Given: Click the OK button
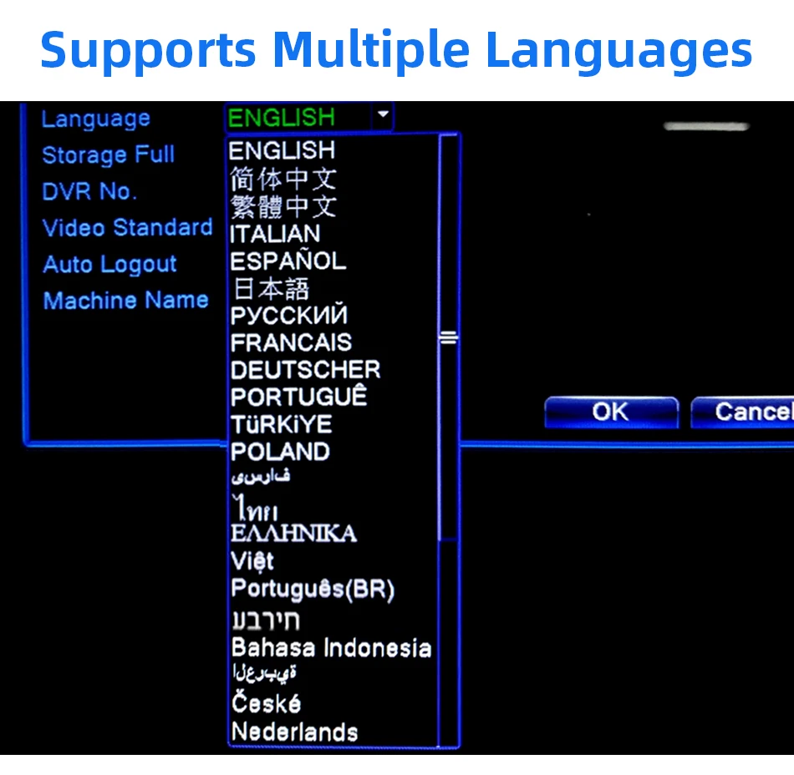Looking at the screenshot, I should (610, 412).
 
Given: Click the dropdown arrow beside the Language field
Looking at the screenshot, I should (382, 116).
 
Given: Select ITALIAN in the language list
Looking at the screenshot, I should (275, 233).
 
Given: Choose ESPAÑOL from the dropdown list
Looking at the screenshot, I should (288, 261).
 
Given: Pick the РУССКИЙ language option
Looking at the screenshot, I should (288, 316).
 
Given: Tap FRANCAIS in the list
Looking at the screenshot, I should (291, 342).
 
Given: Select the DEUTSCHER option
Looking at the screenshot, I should (305, 370).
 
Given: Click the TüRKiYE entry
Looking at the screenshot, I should (281, 424).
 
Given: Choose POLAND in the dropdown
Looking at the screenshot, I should (280, 452).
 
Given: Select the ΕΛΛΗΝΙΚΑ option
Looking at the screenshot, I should (293, 533).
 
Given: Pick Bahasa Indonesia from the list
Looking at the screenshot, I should (331, 648).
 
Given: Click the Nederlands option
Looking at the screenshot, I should (294, 732).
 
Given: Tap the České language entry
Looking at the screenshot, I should (266, 703).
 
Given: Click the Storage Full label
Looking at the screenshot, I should (108, 155).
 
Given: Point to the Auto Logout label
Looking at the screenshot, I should (109, 265).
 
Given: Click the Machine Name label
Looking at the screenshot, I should (125, 301).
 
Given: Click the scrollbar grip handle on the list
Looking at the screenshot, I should (449, 338).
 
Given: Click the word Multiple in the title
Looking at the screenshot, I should (370, 50).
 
